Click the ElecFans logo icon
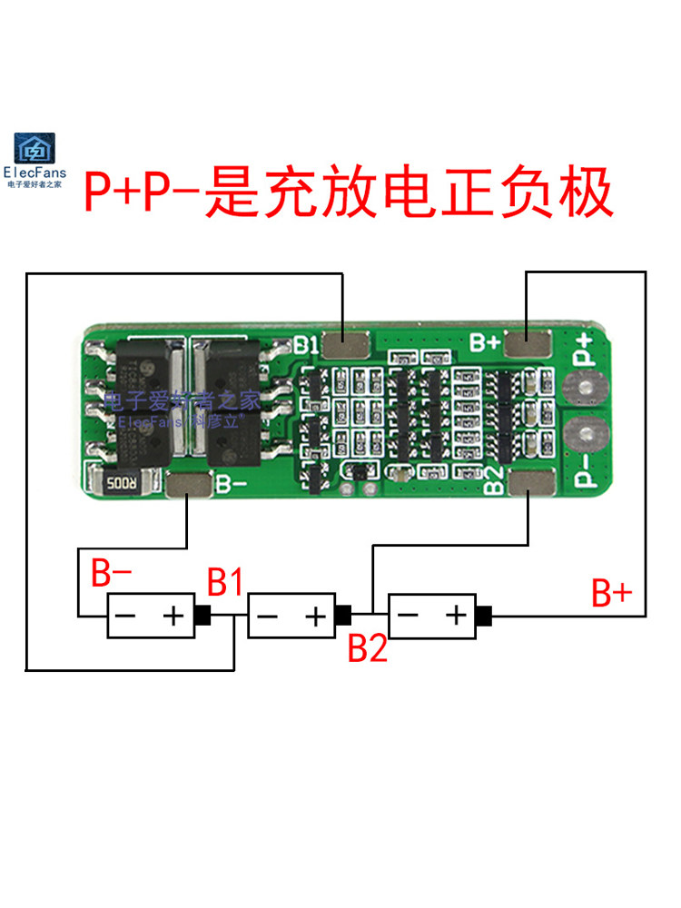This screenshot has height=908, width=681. tap(35, 148)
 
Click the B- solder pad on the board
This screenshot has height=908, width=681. tap(187, 487)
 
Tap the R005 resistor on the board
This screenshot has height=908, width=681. tap(122, 482)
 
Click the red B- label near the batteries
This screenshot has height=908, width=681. tap(113, 574)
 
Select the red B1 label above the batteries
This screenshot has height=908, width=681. tap(224, 582)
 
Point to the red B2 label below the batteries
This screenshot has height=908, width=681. tap(369, 648)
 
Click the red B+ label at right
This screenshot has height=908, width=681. tap(612, 594)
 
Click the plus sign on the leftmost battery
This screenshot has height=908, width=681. tap(173, 617)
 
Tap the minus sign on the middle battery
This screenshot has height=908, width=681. tap(267, 617)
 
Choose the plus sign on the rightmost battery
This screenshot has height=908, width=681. tap(454, 617)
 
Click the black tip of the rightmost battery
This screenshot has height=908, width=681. tap(484, 617)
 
